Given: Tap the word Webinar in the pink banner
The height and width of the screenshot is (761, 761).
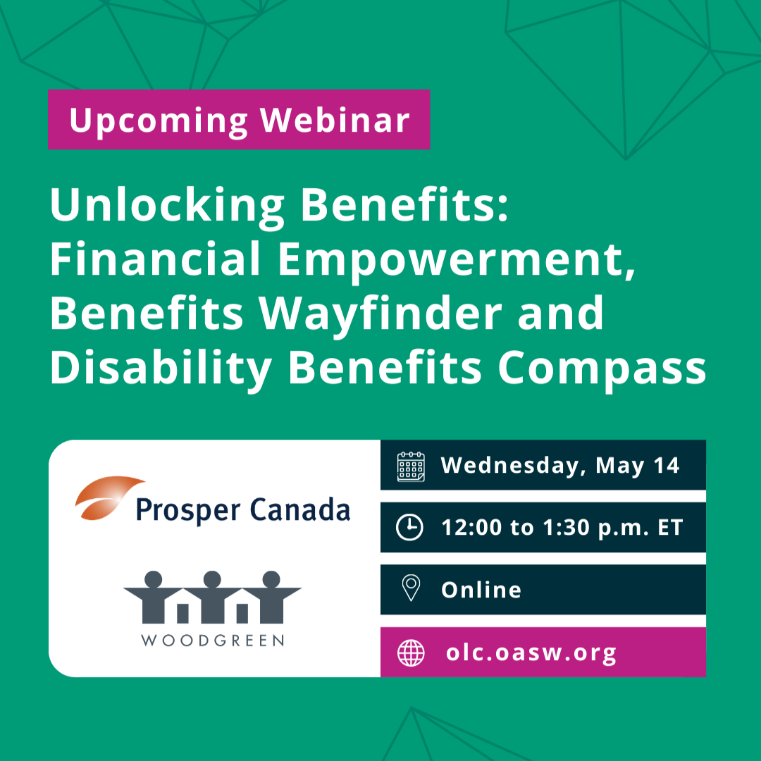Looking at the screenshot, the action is [335, 119].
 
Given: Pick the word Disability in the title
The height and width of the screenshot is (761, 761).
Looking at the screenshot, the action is [161, 369].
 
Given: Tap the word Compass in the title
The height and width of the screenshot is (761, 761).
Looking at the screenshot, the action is [602, 369].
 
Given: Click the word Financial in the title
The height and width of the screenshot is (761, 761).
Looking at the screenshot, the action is [155, 259].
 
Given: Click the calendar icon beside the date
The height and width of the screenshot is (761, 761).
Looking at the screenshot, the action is [411, 466].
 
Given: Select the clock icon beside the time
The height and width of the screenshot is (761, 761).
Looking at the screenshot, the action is [409, 527].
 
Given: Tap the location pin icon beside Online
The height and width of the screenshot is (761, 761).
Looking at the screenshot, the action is [411, 588].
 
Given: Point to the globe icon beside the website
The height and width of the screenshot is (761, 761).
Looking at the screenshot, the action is [411, 652].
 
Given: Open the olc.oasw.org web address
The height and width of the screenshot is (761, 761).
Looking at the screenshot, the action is [531, 653].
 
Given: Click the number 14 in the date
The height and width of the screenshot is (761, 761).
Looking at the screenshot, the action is [667, 466].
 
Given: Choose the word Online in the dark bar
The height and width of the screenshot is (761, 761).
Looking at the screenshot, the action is [481, 590].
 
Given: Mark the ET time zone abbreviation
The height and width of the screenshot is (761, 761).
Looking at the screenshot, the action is [670, 528].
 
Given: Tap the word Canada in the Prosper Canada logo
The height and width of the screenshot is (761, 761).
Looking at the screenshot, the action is [300, 509].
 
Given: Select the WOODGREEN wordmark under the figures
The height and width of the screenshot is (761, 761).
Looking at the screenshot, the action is [213, 640].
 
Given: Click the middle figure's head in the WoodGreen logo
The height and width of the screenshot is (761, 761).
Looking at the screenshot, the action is [212, 579].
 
